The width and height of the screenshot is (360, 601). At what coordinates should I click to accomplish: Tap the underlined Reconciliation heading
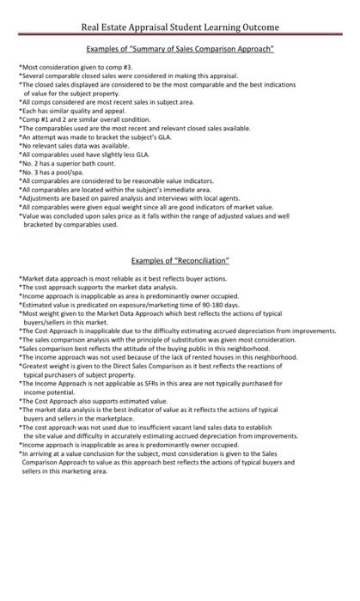pyautogui.click(x=180, y=260)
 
